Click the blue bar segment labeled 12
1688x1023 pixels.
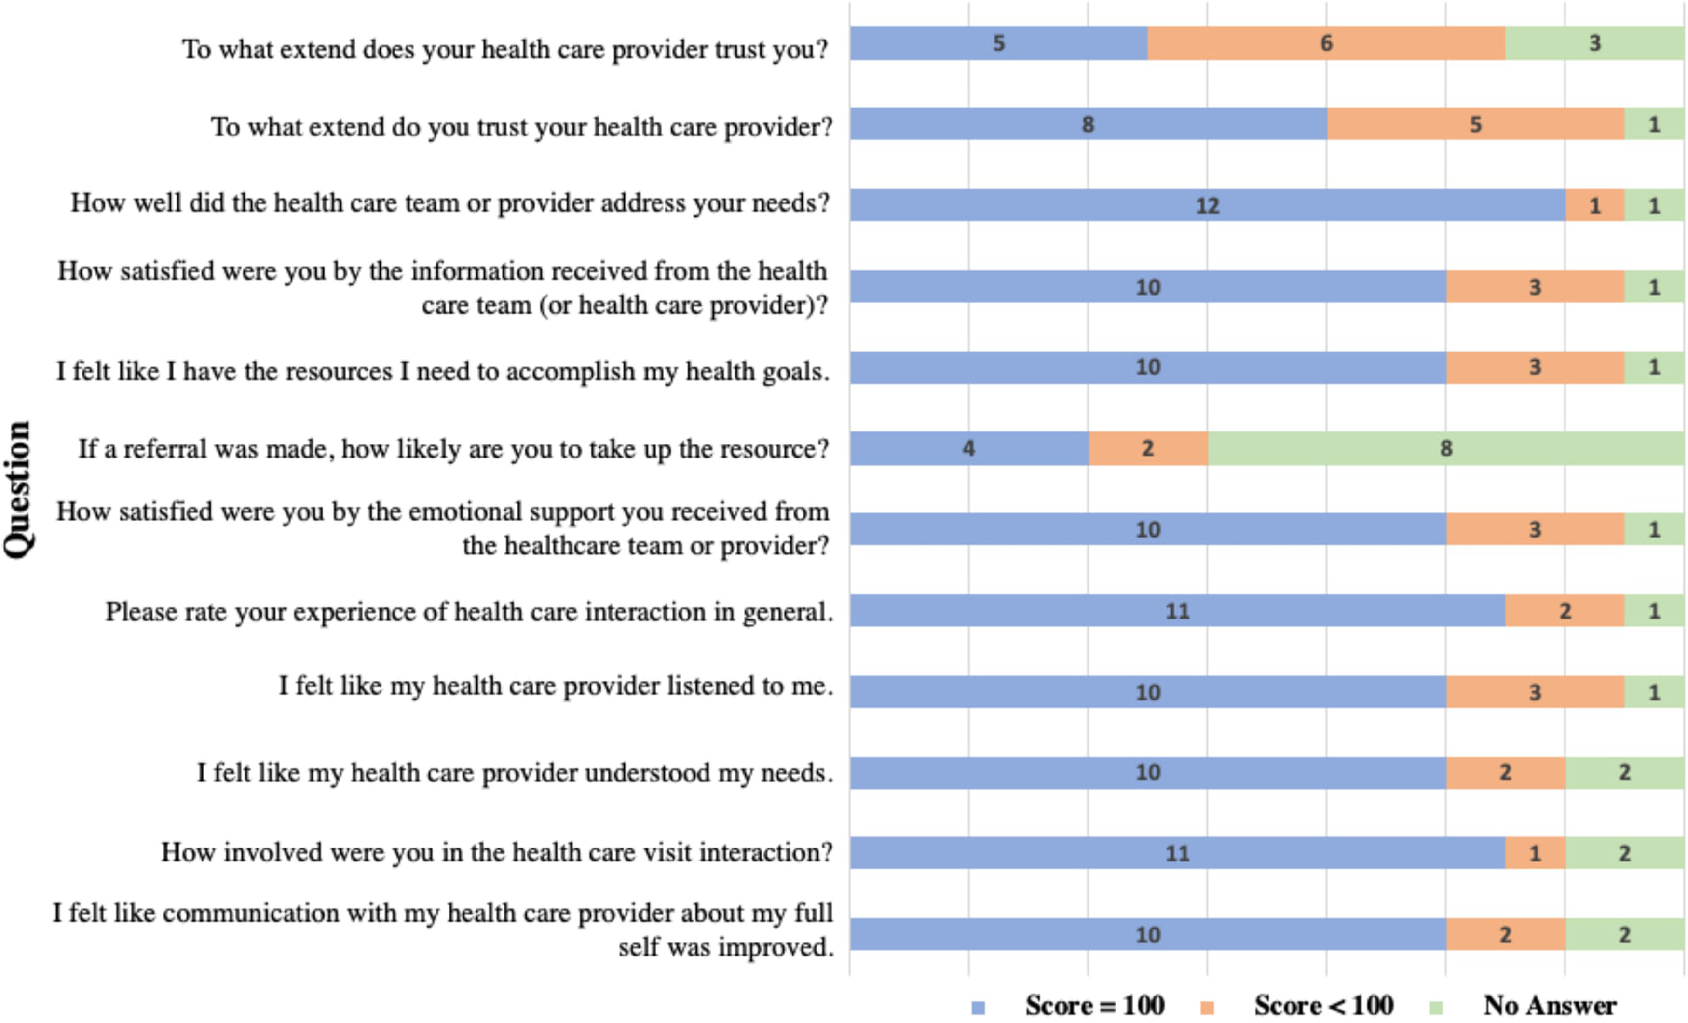(1207, 205)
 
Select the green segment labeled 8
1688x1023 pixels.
(1445, 448)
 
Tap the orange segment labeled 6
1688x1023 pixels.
(1326, 43)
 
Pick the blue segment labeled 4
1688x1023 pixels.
(969, 448)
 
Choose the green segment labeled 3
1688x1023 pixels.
(1595, 43)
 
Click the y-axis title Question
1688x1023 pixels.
(17, 490)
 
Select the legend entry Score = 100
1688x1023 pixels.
(1069, 1005)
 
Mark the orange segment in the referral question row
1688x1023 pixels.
(1148, 448)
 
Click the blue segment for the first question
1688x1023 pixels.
(999, 43)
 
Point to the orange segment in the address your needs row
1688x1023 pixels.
(1595, 205)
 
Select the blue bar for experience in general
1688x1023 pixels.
(1178, 610)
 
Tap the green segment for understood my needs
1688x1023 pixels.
(1624, 772)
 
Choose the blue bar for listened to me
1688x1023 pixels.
(1148, 692)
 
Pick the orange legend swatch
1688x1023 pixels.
(1208, 1007)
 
